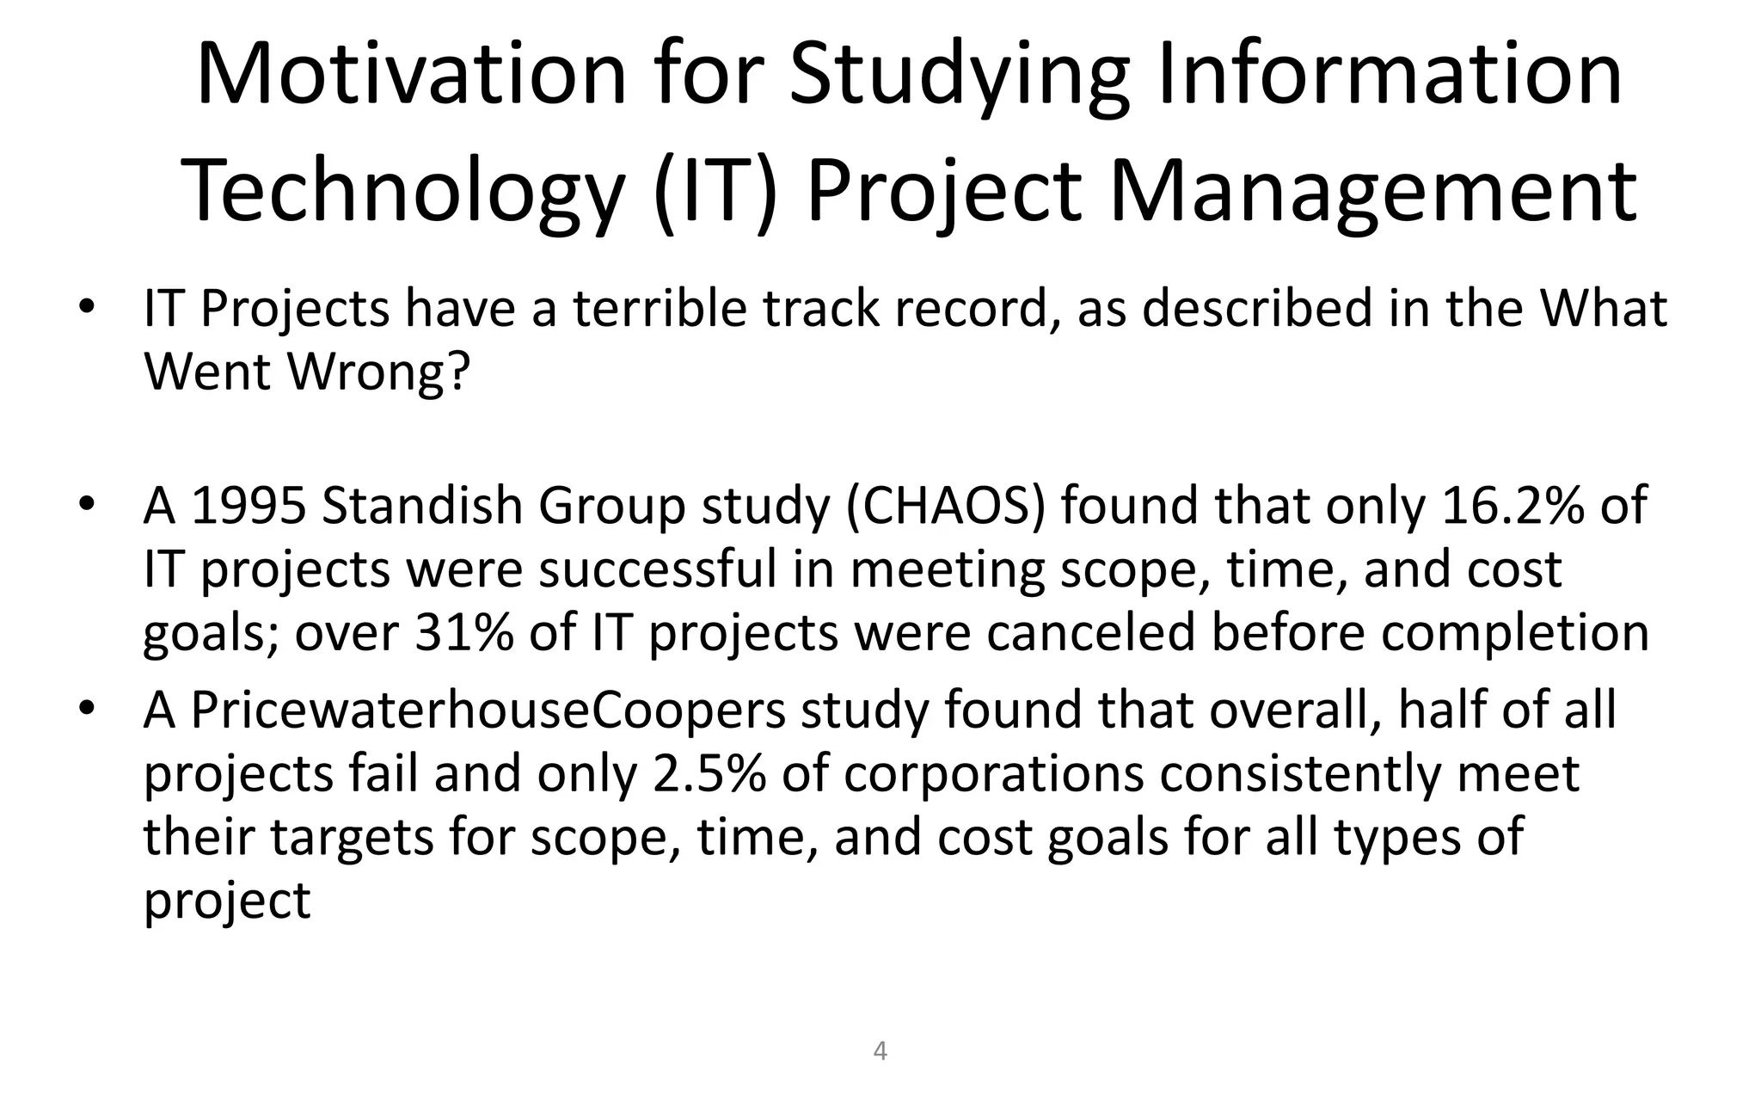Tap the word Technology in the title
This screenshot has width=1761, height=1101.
403,191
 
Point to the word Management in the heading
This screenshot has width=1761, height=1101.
1373,191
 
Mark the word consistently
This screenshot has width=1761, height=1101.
1300,773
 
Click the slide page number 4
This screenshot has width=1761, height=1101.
880,1050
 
